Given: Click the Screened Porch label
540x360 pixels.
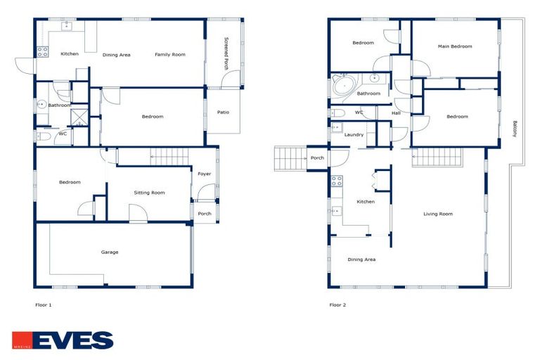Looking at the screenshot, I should (226, 53).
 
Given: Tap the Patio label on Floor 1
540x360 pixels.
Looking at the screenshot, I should (223, 112).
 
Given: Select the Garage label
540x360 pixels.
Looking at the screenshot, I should (110, 252).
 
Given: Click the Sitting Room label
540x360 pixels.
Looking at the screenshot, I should (149, 192).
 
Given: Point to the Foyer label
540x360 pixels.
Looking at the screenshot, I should (205, 174).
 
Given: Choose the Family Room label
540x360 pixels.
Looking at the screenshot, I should (170, 54).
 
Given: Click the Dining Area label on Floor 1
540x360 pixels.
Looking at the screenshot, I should (117, 54).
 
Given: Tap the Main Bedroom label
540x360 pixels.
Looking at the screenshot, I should (454, 46).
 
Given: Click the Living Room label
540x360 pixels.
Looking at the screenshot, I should (437, 214).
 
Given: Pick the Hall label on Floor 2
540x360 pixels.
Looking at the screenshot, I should (396, 113).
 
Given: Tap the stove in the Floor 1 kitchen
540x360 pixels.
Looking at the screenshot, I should (41, 51).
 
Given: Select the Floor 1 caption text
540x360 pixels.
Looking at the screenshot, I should (44, 305).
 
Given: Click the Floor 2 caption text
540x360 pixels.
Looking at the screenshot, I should (337, 305).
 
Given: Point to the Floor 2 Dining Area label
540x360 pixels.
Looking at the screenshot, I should (361, 259).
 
